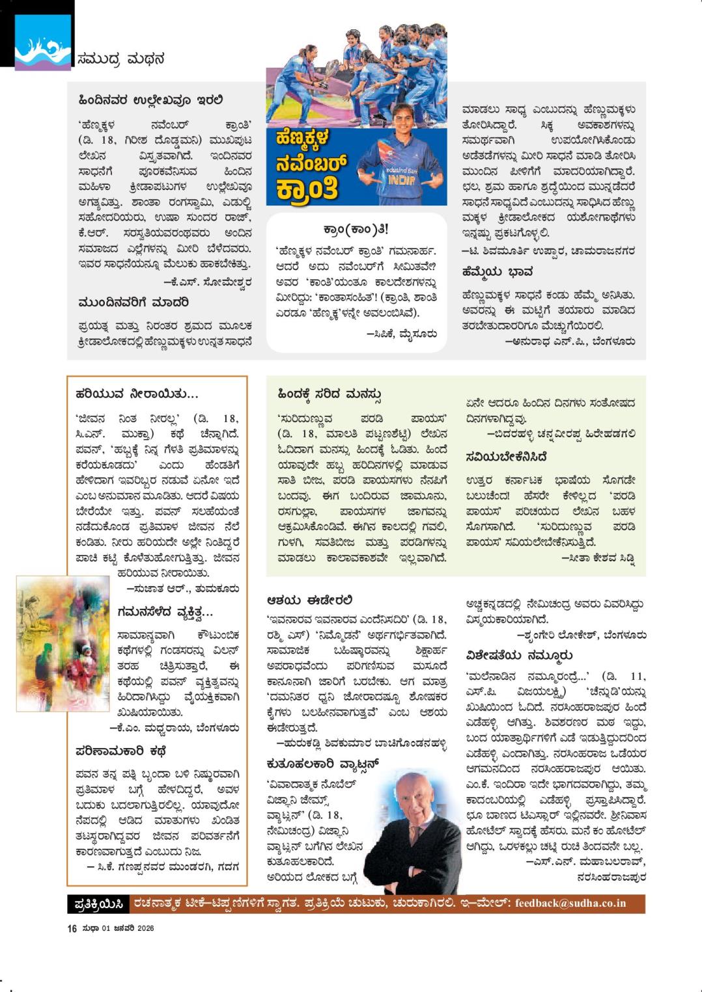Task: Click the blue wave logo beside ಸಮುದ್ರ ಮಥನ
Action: (x=43, y=44)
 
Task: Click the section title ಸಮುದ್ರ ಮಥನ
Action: (x=120, y=59)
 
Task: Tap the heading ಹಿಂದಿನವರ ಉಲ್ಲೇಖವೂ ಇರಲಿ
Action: (x=150, y=100)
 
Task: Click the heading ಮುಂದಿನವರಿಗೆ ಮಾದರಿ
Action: (x=133, y=302)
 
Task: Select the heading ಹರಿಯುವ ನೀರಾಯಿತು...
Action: (x=137, y=394)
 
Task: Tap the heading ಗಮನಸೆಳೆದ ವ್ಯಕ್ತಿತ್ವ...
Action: (x=165, y=612)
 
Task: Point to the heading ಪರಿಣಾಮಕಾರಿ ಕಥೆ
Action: (x=121, y=751)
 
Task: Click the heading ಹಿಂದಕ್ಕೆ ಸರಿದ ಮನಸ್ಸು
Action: (x=329, y=394)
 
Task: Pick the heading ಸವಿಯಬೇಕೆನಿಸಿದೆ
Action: (x=506, y=457)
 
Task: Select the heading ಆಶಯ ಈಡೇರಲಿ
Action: (x=309, y=599)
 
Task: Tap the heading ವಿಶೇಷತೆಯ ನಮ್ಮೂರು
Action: (x=519, y=655)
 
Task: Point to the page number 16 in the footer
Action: (x=72, y=928)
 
